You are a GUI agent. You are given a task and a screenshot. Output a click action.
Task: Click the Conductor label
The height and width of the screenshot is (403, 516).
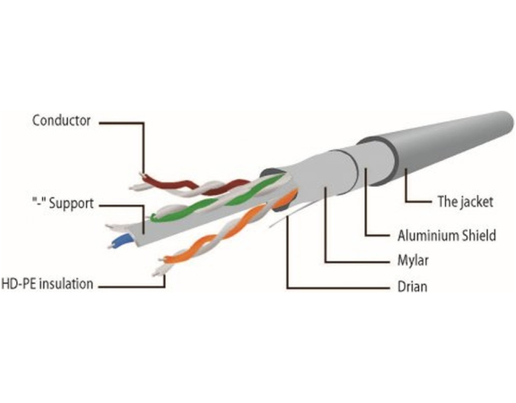tap(61, 121)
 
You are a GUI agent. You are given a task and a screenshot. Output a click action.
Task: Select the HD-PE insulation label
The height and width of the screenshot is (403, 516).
tap(47, 284)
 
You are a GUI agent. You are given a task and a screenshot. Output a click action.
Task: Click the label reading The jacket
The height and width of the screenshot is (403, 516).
tap(465, 202)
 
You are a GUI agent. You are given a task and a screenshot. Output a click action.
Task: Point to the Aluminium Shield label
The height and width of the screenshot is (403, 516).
tap(446, 235)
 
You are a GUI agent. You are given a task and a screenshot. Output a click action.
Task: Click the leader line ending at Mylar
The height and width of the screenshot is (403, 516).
tap(353, 262)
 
